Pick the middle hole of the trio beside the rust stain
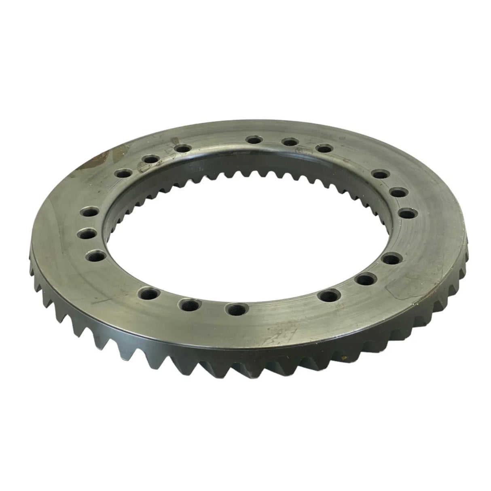pyautogui.click(x=150, y=160)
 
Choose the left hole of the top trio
pyautogui.click(x=254, y=140)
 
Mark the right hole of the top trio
pyautogui.click(x=323, y=149)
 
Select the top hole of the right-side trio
pyautogui.click(x=379, y=175)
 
